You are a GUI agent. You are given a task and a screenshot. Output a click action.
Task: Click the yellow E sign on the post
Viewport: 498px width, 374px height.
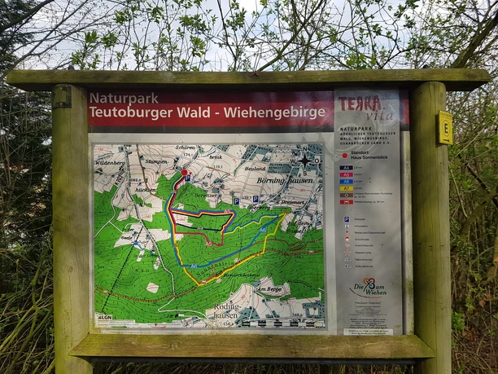[x=444, y=128]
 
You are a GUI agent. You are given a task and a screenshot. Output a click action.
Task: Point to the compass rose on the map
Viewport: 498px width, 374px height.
[x=305, y=161]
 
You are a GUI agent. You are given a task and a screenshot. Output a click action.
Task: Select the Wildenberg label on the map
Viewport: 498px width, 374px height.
[x=110, y=163]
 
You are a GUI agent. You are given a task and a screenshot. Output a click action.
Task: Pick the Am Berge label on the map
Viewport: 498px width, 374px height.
[x=270, y=289]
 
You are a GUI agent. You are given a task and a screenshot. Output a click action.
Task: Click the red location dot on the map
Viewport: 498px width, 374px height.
[x=184, y=173]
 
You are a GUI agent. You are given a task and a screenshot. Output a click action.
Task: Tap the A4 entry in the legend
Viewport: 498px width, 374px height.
[x=347, y=167]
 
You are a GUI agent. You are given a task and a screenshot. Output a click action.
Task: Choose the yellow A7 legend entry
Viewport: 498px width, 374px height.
[x=347, y=187]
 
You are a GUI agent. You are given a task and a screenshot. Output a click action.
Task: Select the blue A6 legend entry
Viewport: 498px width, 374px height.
[x=347, y=181]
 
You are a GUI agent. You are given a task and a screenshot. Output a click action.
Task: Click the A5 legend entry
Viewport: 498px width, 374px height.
[x=347, y=174]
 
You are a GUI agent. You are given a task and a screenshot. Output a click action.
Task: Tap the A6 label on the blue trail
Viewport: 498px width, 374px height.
[x=193, y=266]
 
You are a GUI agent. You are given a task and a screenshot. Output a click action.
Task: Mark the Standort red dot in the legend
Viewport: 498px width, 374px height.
[x=345, y=155]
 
